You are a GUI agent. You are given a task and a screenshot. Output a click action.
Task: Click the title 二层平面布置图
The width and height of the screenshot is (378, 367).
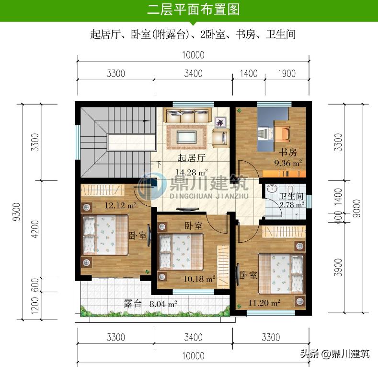(193, 10)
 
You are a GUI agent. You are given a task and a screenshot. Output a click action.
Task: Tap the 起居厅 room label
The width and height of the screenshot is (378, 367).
(192, 158)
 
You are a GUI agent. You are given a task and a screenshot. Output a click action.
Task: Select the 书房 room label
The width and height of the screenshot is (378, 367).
(287, 152)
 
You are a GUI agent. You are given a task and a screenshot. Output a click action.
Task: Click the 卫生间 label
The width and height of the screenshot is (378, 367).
(292, 196)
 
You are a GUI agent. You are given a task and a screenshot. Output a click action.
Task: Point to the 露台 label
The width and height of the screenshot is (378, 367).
(133, 304)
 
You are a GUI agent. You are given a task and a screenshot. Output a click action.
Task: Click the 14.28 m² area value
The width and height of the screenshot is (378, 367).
(192, 172)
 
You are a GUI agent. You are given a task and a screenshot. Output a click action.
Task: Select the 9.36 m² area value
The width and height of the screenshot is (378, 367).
(287, 163)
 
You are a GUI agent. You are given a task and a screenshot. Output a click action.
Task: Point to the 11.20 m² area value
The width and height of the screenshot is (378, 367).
(264, 302)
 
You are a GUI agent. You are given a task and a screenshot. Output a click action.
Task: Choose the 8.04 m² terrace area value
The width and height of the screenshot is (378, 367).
(163, 304)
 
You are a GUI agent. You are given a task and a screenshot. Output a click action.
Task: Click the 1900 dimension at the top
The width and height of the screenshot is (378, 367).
(286, 73)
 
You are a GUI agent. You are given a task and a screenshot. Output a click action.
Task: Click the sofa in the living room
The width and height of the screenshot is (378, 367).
(188, 116)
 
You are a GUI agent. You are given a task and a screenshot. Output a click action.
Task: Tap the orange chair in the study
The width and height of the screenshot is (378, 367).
(282, 131)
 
